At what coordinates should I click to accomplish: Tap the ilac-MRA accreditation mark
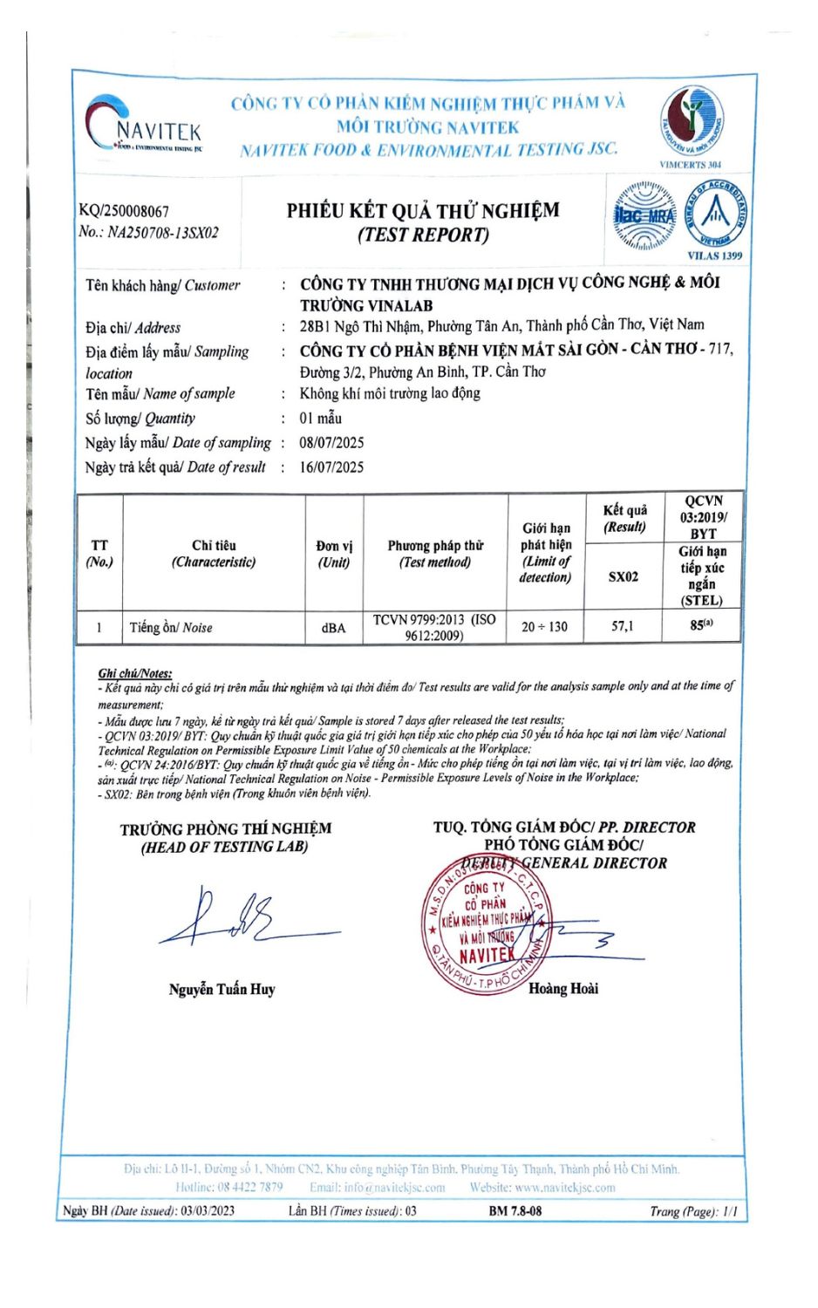click(x=644, y=215)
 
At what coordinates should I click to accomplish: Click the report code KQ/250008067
click(x=124, y=211)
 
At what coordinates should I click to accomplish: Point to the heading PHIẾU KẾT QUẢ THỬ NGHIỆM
click(x=423, y=211)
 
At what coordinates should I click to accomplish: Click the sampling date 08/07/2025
click(x=331, y=443)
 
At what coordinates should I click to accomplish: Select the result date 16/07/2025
click(x=331, y=467)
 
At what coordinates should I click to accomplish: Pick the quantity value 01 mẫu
click(x=321, y=419)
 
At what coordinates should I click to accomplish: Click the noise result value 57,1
click(x=623, y=626)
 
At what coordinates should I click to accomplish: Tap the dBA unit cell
click(x=333, y=628)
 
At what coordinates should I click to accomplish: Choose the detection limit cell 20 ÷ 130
click(x=544, y=627)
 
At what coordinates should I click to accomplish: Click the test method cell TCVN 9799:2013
click(x=434, y=627)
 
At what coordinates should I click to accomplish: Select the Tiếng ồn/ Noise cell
click(x=171, y=628)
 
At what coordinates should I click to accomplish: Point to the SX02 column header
click(x=623, y=577)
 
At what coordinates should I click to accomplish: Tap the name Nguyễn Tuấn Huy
click(x=222, y=989)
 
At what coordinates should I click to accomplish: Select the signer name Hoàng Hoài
click(x=563, y=989)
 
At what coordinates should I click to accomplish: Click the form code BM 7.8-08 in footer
click(x=515, y=1211)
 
